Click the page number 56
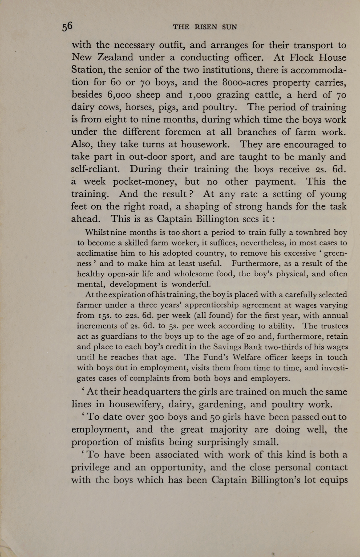[x=67, y=27]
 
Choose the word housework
[x=205, y=144]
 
